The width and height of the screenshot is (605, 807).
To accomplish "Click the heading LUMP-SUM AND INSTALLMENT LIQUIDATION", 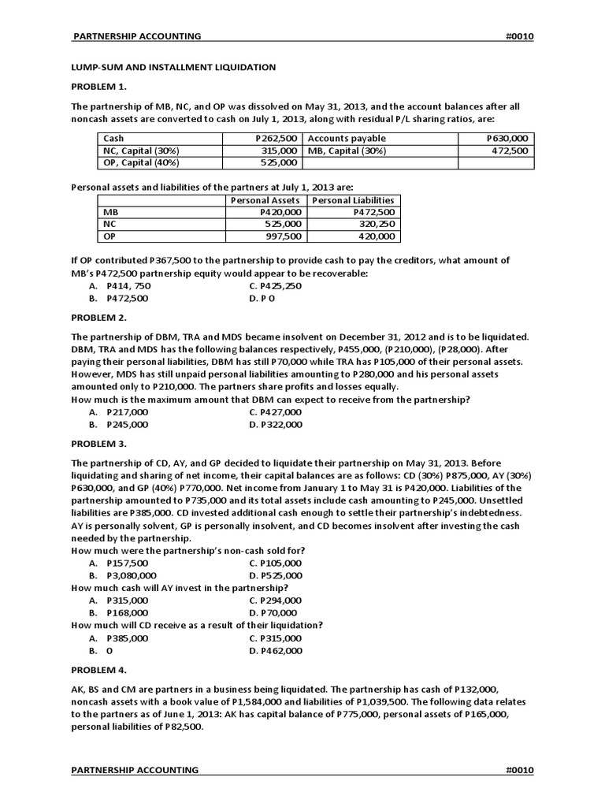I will [x=173, y=68].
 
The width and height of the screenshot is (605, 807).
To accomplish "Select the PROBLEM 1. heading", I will [x=98, y=87].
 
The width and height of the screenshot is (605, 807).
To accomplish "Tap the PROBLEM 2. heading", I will [x=98, y=318].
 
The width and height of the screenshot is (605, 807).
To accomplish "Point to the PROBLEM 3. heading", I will [x=98, y=444].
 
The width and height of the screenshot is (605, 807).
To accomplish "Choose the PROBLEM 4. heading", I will [x=98, y=670].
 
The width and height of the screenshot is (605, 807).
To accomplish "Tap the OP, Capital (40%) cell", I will [x=141, y=162].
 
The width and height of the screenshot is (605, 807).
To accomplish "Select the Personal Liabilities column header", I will [x=352, y=201].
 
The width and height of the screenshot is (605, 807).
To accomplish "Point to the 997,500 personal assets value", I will [x=283, y=236].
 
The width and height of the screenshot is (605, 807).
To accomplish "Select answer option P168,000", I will [x=127, y=613].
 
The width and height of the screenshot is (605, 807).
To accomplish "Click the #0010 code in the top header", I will [x=519, y=36].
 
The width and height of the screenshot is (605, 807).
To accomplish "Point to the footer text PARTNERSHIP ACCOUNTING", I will [x=135, y=770].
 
